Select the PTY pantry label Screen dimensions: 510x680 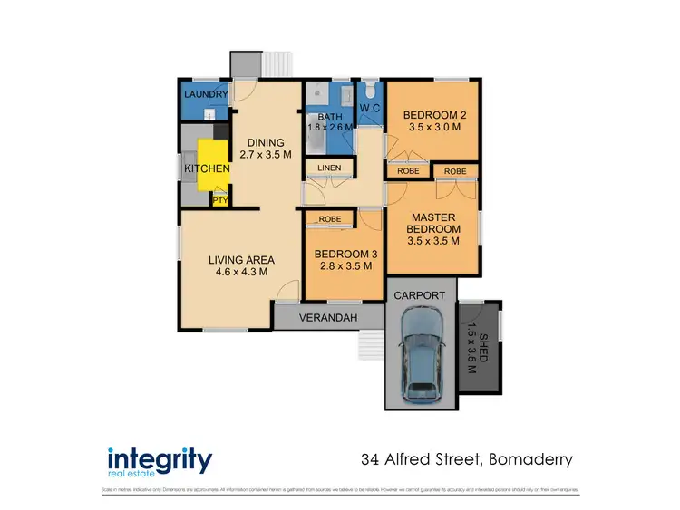pos(219,201)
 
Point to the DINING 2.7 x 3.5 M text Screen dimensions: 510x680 pos(265,149)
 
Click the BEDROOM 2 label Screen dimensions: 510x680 pos(432,121)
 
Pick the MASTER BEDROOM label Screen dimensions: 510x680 pos(432,229)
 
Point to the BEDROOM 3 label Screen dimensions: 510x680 pos(345,260)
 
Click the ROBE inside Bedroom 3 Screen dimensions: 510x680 pos(330,218)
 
